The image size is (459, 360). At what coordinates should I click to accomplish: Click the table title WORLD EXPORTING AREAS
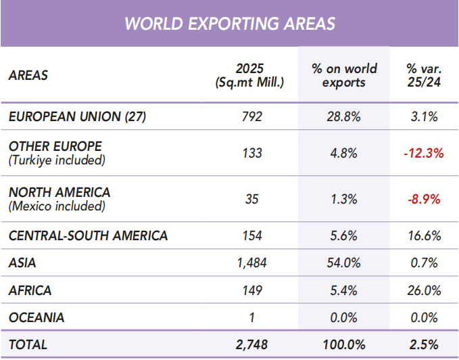(x=230, y=24)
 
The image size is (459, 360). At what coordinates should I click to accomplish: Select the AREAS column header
(x=28, y=75)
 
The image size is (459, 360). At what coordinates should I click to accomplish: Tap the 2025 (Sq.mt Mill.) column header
(x=249, y=75)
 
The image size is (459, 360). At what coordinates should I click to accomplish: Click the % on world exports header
(x=344, y=75)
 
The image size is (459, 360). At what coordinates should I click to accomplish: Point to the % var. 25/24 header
(x=424, y=75)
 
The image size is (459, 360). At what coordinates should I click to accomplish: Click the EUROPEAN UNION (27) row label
(x=77, y=116)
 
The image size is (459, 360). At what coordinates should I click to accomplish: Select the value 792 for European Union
(x=251, y=116)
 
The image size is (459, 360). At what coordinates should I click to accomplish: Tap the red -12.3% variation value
(x=424, y=153)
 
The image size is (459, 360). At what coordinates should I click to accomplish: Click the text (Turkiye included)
(x=57, y=160)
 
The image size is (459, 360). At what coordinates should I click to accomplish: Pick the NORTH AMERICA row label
(x=59, y=192)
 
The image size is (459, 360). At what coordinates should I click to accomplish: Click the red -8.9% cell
(x=424, y=200)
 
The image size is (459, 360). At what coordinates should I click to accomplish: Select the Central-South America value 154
(x=252, y=235)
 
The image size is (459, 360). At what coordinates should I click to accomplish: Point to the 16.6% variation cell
(x=424, y=235)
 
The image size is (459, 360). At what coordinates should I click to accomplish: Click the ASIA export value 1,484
(x=251, y=263)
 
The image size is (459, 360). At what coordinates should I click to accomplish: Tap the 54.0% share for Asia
(x=343, y=263)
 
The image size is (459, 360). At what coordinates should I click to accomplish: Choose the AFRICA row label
(x=30, y=290)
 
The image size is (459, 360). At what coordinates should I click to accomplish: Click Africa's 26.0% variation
(x=424, y=290)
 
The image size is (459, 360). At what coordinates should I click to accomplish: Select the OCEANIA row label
(x=37, y=317)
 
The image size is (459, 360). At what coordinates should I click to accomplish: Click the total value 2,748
(x=251, y=344)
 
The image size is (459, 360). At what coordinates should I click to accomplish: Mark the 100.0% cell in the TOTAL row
(x=343, y=344)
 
